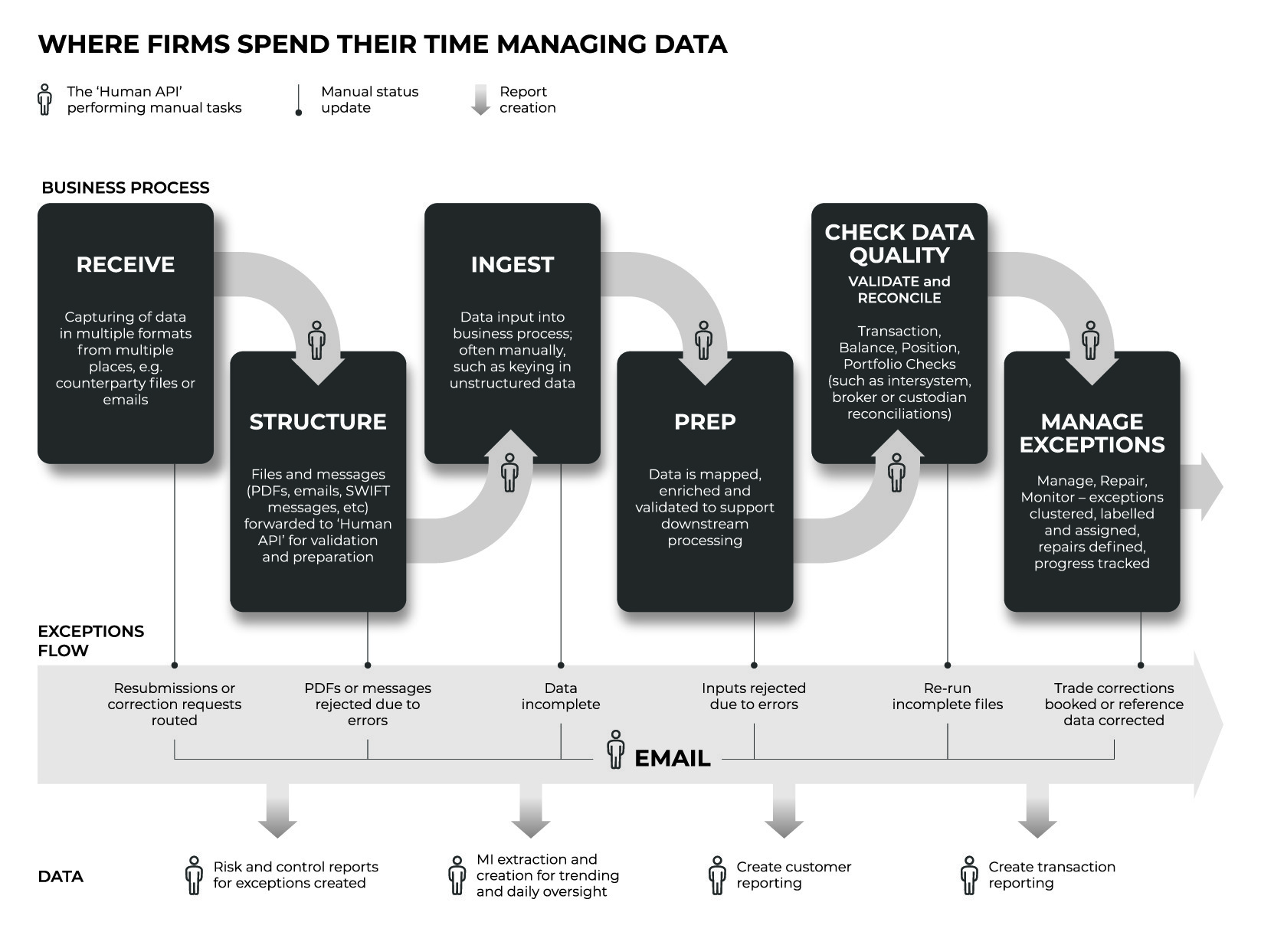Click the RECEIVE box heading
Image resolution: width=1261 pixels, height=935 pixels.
(125, 264)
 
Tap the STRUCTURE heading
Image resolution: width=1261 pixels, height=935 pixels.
(318, 422)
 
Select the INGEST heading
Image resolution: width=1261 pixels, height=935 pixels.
(513, 264)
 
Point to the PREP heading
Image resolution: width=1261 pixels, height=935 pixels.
(705, 422)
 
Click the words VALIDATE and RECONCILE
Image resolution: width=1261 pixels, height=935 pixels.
(899, 289)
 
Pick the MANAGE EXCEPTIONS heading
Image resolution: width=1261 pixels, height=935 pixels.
(1092, 433)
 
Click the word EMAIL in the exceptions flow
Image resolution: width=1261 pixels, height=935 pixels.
(672, 758)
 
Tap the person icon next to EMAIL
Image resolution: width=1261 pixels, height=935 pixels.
(615, 750)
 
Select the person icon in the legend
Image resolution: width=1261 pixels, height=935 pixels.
(44, 100)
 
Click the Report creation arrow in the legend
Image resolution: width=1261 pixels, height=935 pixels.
(480, 100)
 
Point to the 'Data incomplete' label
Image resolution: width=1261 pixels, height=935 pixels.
(561, 696)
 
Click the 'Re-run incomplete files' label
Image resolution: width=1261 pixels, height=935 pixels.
(947, 696)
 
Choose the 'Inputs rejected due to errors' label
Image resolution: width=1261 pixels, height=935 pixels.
(754, 696)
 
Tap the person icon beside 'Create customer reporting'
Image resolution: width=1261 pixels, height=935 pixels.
(717, 875)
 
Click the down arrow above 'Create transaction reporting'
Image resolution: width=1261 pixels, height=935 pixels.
(1037, 810)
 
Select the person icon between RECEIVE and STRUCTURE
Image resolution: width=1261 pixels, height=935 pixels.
(316, 340)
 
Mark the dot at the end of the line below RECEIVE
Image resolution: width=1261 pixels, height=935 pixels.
(174, 665)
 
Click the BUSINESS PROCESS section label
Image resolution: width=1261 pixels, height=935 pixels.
(125, 188)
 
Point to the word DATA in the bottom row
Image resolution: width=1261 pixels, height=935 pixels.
(61, 877)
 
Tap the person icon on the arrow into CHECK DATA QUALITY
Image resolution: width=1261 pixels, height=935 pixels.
(896, 472)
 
